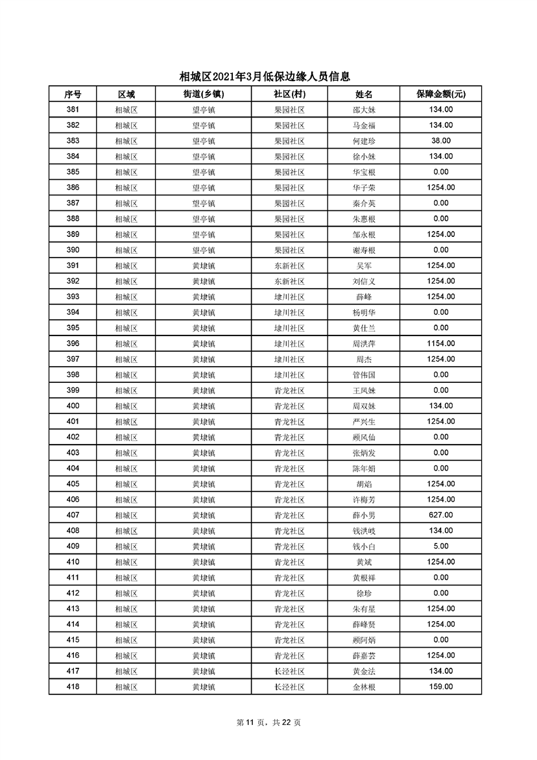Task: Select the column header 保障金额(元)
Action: click(x=440, y=94)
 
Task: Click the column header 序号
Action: click(x=73, y=94)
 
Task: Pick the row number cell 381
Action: click(x=73, y=110)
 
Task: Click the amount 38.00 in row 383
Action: click(x=440, y=141)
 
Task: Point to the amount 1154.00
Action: click(x=440, y=344)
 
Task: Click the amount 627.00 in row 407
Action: click(x=440, y=515)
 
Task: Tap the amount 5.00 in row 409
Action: click(x=440, y=546)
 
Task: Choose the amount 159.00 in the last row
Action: click(x=440, y=687)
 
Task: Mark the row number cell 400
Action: click(x=73, y=406)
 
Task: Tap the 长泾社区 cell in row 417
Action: click(x=289, y=671)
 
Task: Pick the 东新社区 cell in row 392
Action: click(x=289, y=282)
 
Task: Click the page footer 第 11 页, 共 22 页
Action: click(x=268, y=723)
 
